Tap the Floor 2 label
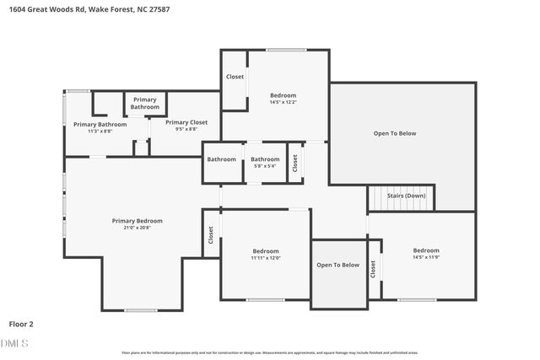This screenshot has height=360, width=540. (22, 323)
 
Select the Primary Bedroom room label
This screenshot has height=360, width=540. (138, 221)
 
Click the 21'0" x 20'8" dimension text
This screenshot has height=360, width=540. (138, 228)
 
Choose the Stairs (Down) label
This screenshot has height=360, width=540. (406, 196)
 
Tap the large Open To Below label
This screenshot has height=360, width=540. (395, 133)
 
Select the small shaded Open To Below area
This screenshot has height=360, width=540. (338, 275)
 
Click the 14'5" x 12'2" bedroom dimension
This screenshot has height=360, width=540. (283, 103)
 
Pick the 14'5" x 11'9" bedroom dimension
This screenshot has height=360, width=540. (426, 257)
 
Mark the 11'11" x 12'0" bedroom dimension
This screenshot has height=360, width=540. (266, 258)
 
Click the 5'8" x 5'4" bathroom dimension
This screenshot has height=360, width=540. (265, 166)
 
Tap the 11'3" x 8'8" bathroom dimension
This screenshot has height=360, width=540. (94, 132)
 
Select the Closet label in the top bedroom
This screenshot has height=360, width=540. (235, 78)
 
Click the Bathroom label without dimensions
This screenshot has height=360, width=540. (222, 159)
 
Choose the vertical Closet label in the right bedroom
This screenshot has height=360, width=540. (373, 269)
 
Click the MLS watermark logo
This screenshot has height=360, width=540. (14, 343)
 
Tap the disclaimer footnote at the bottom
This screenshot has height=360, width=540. (270, 352)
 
